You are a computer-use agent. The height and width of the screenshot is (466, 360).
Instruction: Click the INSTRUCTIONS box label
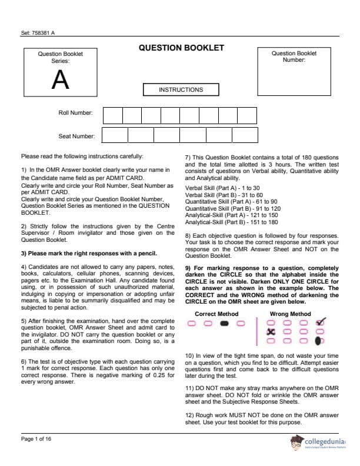pos(181,90)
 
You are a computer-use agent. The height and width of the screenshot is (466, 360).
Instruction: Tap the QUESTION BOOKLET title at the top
pos(181,48)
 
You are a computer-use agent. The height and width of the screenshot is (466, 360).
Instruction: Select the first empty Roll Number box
pos(113,115)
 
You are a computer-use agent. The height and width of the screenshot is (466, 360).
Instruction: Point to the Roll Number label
pos(75,112)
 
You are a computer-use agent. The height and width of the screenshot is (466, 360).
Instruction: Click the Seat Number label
pos(76,137)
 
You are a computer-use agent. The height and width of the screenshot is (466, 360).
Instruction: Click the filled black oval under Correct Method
pos(224,323)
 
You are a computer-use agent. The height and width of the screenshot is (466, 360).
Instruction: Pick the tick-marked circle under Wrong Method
pos(320,322)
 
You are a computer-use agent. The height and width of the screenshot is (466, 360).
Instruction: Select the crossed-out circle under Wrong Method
pos(271,331)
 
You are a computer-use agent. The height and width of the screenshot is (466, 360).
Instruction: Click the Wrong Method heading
pos(290,314)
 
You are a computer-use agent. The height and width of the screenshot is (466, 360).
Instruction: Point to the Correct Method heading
pos(216,314)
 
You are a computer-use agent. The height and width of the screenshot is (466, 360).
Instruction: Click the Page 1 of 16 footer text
pos(36,439)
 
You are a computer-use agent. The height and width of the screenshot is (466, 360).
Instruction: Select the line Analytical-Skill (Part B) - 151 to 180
pos(232,222)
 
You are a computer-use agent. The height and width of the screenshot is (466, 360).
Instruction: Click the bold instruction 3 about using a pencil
pos(89,254)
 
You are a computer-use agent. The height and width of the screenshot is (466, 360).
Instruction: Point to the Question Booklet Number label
pos(294,56)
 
